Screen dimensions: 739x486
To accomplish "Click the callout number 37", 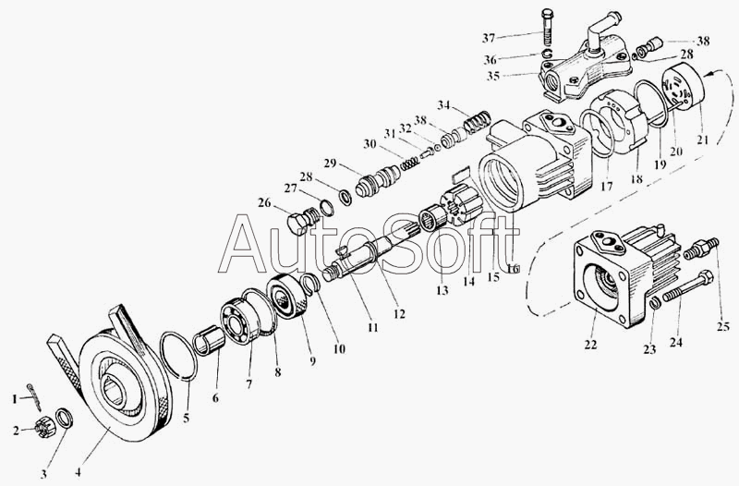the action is point(488,38).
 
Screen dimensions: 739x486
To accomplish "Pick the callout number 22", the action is point(590,345).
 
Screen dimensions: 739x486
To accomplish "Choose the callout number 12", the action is point(398,313).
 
